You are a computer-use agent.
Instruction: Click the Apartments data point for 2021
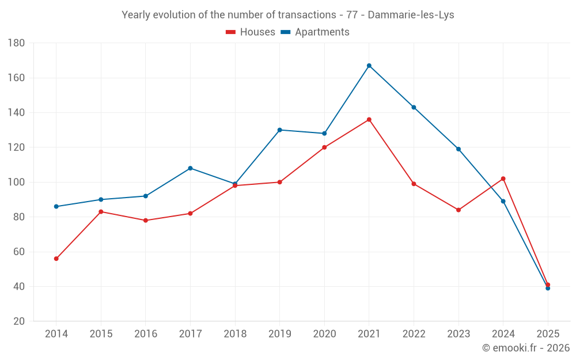pos(369,66)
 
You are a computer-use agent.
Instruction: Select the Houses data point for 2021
pos(369,120)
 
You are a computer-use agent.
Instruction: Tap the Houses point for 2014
pos(56,259)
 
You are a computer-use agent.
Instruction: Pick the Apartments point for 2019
pos(280,130)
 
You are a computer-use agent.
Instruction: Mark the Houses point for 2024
pos(503,179)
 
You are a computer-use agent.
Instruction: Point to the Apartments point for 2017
pos(191,168)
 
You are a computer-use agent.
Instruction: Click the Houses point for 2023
pos(458,210)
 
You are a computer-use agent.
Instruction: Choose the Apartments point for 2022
pos(414,107)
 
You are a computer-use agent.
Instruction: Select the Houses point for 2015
pos(101,212)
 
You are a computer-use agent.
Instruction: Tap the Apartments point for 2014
pos(56,207)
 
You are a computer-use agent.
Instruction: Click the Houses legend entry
pos(251,32)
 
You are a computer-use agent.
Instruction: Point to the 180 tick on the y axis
pos(16,43)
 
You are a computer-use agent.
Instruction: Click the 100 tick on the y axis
pos(16,183)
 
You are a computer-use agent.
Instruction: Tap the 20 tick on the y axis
pos(18,321)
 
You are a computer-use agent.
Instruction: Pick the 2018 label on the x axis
pos(235,334)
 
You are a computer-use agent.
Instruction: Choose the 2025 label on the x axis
pos(548,334)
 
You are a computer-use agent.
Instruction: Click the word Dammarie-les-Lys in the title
pos(411,15)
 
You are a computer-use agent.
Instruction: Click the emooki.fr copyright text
pos(526,348)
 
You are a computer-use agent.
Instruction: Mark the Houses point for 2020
pos(324,147)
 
